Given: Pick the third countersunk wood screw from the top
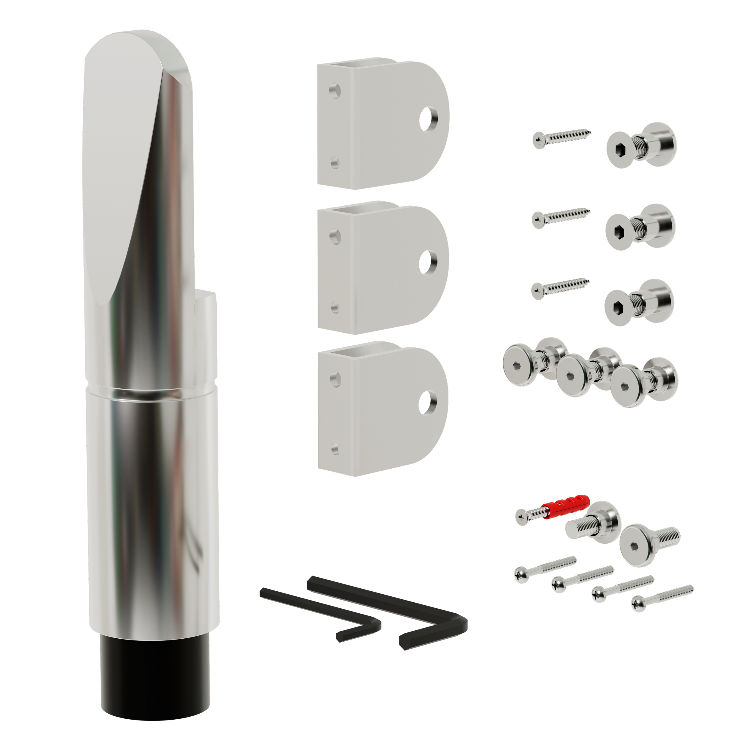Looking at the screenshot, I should pos(559,288).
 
